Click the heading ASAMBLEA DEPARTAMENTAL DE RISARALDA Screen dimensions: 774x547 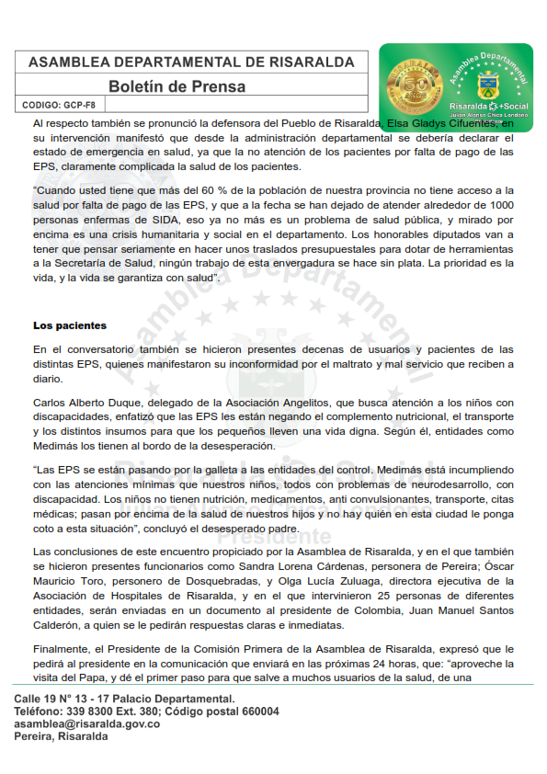coord(191,63)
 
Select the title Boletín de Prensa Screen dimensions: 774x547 coord(177,87)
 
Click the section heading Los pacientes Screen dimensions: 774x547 coord(70,325)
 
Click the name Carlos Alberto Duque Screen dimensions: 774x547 coord(87,402)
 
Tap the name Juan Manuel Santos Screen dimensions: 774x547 coord(462,610)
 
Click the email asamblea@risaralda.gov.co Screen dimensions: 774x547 coord(86,723)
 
